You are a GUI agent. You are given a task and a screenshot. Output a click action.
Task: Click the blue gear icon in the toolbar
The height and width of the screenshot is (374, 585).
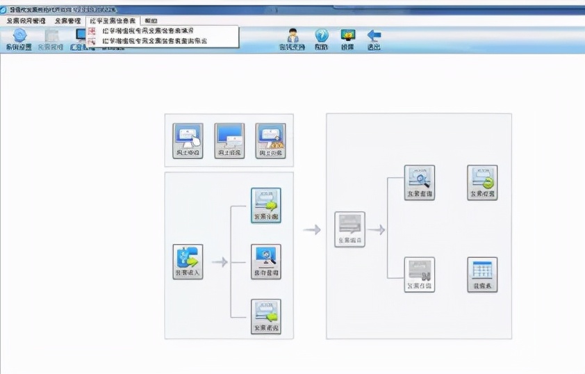coord(19,36)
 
